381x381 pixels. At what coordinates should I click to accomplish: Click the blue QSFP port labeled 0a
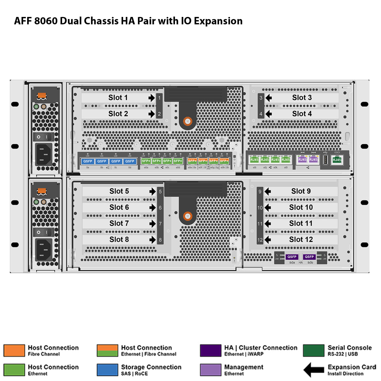(x=88, y=161)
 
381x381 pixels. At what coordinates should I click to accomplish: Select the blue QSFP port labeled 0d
(x=130, y=161)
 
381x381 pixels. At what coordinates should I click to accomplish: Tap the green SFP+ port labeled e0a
(x=146, y=161)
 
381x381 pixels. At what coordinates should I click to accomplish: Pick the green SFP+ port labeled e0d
(x=178, y=161)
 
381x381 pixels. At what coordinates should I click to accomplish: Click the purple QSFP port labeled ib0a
(x=292, y=257)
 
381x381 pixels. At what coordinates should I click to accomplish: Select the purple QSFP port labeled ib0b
(x=309, y=257)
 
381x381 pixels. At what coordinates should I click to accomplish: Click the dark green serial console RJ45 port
(x=337, y=160)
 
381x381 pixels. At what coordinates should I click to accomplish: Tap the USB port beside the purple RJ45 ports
(x=325, y=160)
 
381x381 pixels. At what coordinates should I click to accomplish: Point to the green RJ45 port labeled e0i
(x=254, y=160)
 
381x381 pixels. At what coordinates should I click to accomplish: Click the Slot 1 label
(x=118, y=98)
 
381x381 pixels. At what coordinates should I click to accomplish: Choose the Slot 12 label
(x=301, y=240)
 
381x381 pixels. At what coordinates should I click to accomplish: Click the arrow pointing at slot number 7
(x=152, y=224)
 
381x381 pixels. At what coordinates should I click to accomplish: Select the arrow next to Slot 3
(x=268, y=98)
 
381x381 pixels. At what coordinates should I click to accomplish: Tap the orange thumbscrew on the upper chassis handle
(x=188, y=121)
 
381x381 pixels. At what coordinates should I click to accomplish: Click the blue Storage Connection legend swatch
(x=107, y=370)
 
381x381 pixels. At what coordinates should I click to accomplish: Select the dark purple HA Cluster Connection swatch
(x=210, y=350)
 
